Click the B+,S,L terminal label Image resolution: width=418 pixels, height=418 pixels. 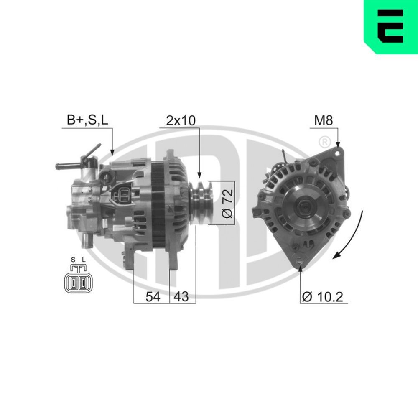point(87,121)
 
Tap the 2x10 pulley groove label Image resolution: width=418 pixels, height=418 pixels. point(181,121)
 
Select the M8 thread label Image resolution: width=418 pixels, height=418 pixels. point(323,121)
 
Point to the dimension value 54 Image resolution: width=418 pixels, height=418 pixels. point(153,297)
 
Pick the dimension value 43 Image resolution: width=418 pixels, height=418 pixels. point(181,297)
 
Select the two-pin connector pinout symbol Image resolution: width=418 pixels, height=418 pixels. point(79,283)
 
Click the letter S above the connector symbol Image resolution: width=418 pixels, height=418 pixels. point(73,260)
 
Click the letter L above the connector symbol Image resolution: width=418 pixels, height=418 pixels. point(84,260)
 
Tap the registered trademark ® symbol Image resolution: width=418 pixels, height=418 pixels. point(323,142)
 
